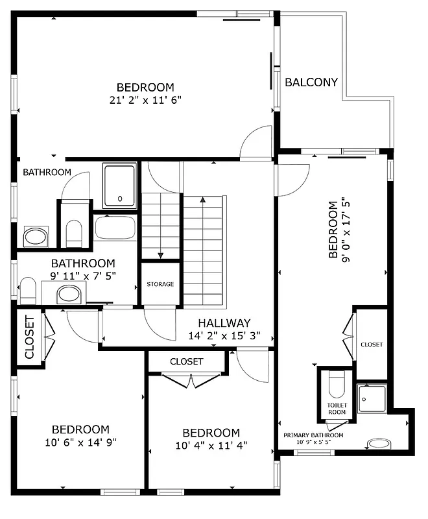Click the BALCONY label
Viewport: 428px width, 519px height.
click(311, 82)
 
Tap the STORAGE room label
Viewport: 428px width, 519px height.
click(160, 284)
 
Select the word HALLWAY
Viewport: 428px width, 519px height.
click(224, 323)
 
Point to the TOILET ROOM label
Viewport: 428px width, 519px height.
click(337, 409)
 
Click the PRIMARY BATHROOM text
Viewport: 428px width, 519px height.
click(313, 435)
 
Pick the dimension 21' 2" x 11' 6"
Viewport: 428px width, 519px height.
click(145, 100)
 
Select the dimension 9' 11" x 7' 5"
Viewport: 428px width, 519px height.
click(83, 276)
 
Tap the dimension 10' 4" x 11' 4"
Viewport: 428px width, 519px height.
click(211, 446)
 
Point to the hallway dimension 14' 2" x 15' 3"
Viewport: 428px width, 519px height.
click(224, 336)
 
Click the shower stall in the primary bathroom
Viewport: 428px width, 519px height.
click(372, 398)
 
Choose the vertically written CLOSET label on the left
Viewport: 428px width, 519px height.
click(29, 337)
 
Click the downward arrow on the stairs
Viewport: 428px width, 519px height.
click(161, 255)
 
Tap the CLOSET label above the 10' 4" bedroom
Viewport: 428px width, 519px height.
click(187, 361)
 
